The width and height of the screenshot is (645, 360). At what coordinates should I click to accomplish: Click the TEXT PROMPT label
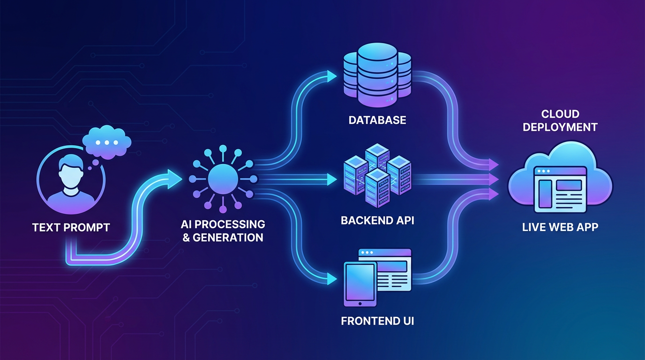[x=71, y=228]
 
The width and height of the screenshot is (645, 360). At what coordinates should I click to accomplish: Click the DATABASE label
[x=377, y=120]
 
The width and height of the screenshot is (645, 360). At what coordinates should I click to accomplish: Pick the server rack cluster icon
[x=377, y=170]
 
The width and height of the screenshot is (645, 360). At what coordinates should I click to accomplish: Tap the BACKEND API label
[x=377, y=220]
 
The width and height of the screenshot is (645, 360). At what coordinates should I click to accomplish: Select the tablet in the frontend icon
[x=360, y=284]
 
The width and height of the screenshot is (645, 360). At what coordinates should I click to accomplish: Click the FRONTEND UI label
[x=377, y=322]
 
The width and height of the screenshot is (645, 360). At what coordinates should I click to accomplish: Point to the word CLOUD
[x=560, y=114]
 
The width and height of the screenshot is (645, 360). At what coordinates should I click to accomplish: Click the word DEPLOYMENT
[x=560, y=127]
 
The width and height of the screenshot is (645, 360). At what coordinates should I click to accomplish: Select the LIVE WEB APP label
[x=560, y=227]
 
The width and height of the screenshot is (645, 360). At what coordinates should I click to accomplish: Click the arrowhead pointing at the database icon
[x=332, y=76]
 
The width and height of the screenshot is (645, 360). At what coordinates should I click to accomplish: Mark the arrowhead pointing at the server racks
[x=332, y=179]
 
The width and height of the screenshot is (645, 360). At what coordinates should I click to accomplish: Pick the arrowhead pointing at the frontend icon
[x=332, y=280]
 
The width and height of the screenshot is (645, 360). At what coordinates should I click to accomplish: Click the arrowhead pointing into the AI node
[x=174, y=178]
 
